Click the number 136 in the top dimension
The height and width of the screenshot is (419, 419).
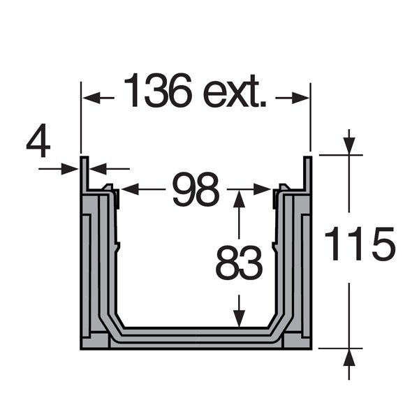[x=159, y=90]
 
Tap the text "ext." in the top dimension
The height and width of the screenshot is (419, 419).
[x=235, y=92]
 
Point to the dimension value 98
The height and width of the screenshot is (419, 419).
[x=196, y=190]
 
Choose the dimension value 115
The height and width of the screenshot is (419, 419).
[x=360, y=244]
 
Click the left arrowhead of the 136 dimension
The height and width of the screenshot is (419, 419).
[x=91, y=98]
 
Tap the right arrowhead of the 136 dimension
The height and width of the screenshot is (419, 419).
[x=300, y=98]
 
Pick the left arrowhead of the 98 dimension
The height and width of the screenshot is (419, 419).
[x=130, y=189]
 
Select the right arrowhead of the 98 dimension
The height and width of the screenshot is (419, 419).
[x=263, y=189]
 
